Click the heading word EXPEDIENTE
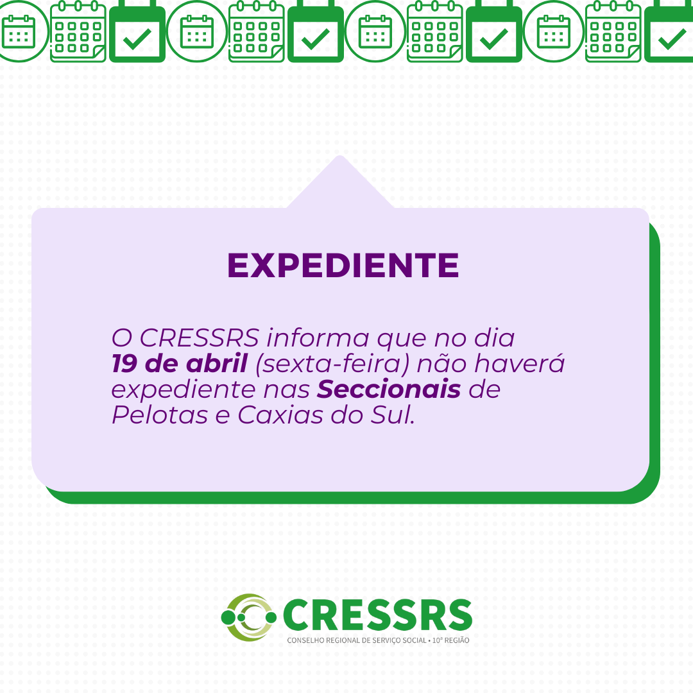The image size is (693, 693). pyautogui.click(x=343, y=265)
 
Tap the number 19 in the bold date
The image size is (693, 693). pyautogui.click(x=124, y=364)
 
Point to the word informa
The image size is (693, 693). pyautogui.click(x=318, y=338)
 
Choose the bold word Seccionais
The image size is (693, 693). pyautogui.click(x=389, y=389)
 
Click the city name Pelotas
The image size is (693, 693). pyautogui.click(x=160, y=415)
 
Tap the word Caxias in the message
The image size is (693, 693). pyautogui.click(x=280, y=415)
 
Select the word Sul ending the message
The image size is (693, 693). pyautogui.click(x=391, y=415)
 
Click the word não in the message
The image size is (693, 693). pyautogui.click(x=441, y=364)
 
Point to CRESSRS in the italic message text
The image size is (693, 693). pyautogui.click(x=200, y=338)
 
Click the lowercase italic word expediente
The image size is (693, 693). pyautogui.click(x=184, y=390)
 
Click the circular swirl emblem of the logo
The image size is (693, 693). pyautogui.click(x=249, y=617)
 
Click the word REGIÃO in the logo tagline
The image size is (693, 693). pyautogui.click(x=458, y=640)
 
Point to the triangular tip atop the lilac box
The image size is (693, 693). pyautogui.click(x=340, y=156)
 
